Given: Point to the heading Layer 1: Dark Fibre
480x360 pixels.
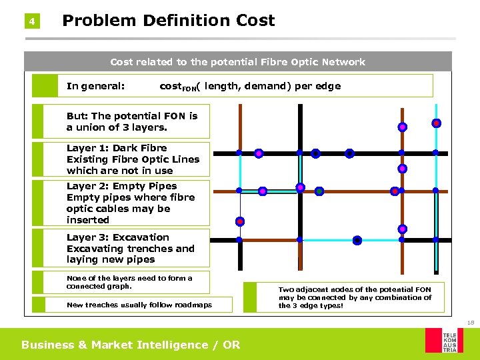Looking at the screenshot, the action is click(x=117, y=148).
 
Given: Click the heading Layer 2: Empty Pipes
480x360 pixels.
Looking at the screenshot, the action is click(x=121, y=186).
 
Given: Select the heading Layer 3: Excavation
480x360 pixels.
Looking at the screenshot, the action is click(x=117, y=237).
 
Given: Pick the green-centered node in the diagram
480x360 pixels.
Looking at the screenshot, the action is click(x=319, y=191).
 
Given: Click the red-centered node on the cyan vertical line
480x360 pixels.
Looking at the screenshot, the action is click(x=435, y=123).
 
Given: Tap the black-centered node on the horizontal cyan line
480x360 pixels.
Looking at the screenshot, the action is click(x=357, y=240).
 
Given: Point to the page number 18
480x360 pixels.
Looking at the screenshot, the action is click(x=470, y=323).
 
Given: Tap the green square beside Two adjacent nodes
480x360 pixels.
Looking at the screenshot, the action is click(x=250, y=297).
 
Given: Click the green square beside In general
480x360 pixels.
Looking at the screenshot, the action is click(x=45, y=85).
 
